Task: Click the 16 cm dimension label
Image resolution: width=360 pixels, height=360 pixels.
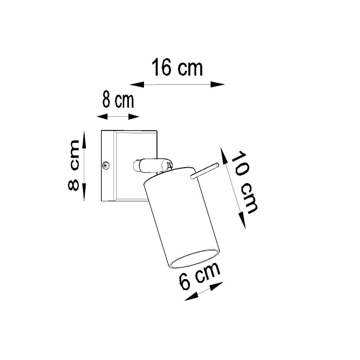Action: [177, 68]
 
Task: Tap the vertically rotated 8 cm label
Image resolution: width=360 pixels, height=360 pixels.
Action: [73, 165]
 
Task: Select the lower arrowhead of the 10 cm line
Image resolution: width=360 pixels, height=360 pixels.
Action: [243, 221]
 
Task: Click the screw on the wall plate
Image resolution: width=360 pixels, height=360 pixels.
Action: [106, 165]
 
